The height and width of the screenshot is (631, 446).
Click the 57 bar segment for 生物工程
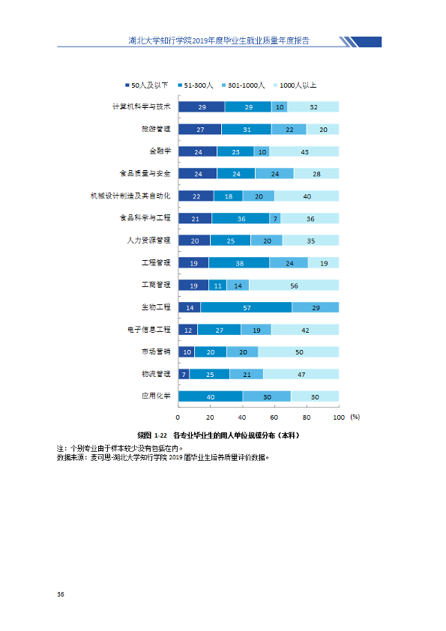(x=247, y=307)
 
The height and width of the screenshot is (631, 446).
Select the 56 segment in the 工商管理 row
(x=294, y=286)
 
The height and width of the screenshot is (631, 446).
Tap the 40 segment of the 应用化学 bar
(x=211, y=396)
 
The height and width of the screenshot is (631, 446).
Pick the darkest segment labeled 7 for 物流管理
(x=184, y=374)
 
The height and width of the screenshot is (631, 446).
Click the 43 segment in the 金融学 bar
(x=304, y=151)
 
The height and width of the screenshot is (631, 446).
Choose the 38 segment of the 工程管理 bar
(x=239, y=263)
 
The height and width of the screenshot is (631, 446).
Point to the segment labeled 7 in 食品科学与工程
(x=275, y=219)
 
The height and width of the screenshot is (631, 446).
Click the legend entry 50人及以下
(x=146, y=85)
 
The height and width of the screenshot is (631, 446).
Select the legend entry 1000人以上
(x=295, y=85)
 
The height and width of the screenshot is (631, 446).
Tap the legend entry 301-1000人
(x=243, y=85)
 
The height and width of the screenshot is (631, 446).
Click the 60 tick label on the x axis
(x=274, y=417)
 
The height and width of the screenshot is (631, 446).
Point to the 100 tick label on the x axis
(x=339, y=417)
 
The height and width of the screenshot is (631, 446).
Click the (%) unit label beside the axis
(x=355, y=417)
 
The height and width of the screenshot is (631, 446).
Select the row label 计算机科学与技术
(x=141, y=106)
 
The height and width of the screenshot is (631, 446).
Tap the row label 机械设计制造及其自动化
(x=130, y=196)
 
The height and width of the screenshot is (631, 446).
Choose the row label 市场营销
(x=156, y=351)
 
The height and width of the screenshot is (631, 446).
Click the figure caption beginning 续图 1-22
(x=218, y=435)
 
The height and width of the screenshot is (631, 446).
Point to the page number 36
(x=61, y=594)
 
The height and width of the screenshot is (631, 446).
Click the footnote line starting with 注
(x=119, y=448)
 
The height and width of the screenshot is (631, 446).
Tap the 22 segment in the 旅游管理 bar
(x=289, y=129)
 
